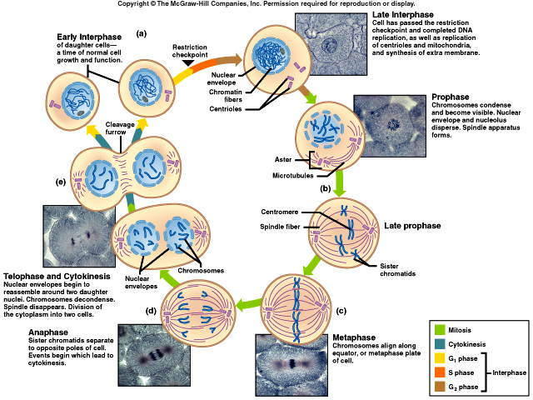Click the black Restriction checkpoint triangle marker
(x=189, y=63)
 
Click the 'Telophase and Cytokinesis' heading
(x=56, y=276)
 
